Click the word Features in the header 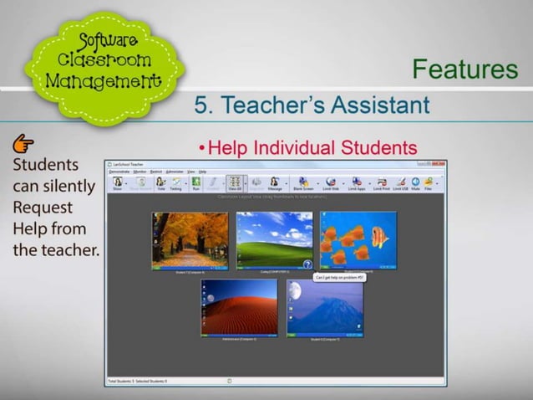click(x=464, y=69)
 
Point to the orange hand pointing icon click(x=23, y=143)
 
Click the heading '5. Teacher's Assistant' click(x=312, y=105)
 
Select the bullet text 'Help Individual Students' click(x=312, y=148)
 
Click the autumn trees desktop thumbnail click(x=190, y=239)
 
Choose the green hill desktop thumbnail click(x=274, y=240)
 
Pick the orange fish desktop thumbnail click(x=358, y=239)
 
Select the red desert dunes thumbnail click(x=238, y=307)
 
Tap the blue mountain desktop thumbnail click(x=325, y=307)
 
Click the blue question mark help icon click(x=307, y=264)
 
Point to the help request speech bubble click(x=339, y=276)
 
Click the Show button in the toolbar click(x=118, y=183)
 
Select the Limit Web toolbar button click(x=332, y=183)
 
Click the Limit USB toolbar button click(x=400, y=183)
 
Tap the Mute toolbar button click(x=415, y=183)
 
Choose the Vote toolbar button click(x=160, y=183)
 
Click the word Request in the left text click(x=43, y=207)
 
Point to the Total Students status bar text click(x=124, y=381)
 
